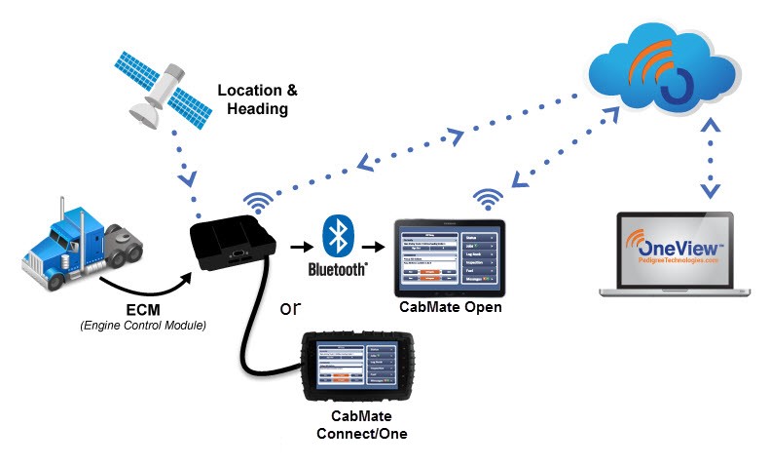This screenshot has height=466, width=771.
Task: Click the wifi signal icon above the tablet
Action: [x=487, y=200]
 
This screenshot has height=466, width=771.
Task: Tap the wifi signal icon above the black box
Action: [x=257, y=203]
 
